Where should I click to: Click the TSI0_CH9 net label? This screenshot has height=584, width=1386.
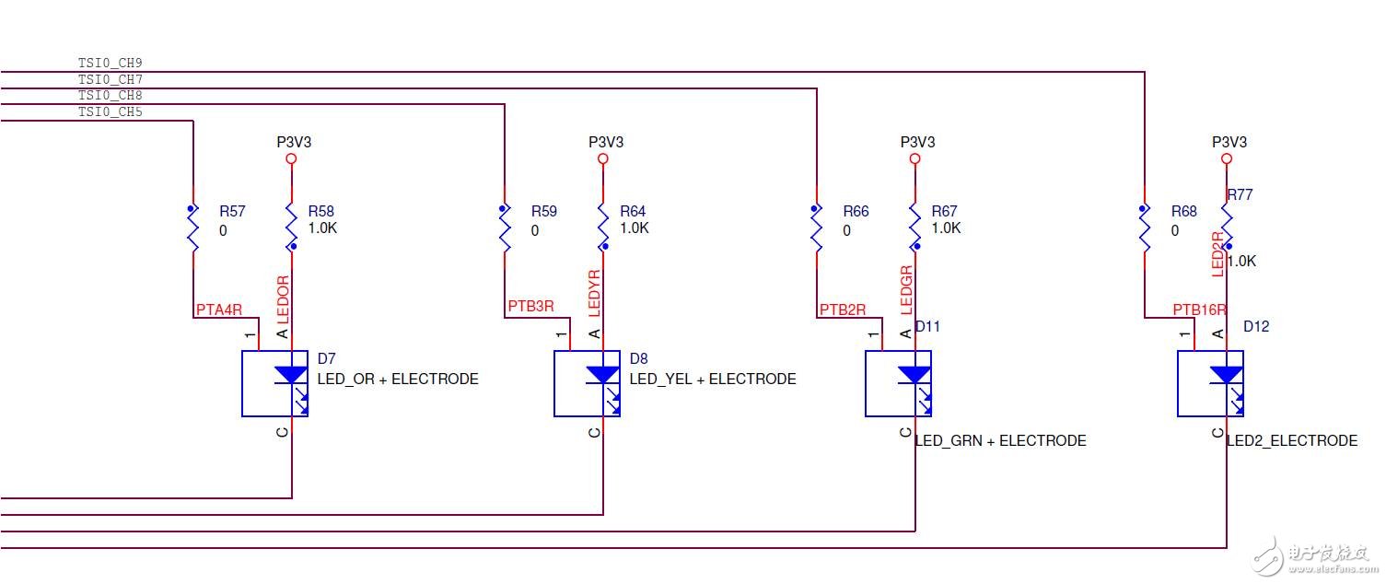(x=110, y=63)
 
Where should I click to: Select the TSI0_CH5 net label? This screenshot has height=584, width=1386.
(x=110, y=112)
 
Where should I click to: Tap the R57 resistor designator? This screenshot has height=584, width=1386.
(x=232, y=212)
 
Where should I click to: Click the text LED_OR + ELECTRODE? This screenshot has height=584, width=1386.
(x=398, y=379)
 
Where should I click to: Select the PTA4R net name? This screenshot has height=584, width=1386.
(x=219, y=310)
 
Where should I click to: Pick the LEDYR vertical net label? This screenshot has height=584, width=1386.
(x=594, y=294)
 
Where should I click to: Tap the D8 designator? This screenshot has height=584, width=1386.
(x=638, y=357)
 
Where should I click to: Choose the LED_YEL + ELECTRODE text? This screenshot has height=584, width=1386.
(x=713, y=379)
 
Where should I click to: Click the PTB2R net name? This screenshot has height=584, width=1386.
(x=843, y=310)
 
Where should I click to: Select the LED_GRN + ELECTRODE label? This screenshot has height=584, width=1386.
(x=1000, y=441)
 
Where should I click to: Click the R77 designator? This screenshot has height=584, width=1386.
(x=1240, y=195)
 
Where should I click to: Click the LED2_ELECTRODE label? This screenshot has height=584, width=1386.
(x=1291, y=441)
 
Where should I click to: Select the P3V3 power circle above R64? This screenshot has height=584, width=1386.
(x=603, y=158)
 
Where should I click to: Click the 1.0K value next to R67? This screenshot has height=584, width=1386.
(x=946, y=228)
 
